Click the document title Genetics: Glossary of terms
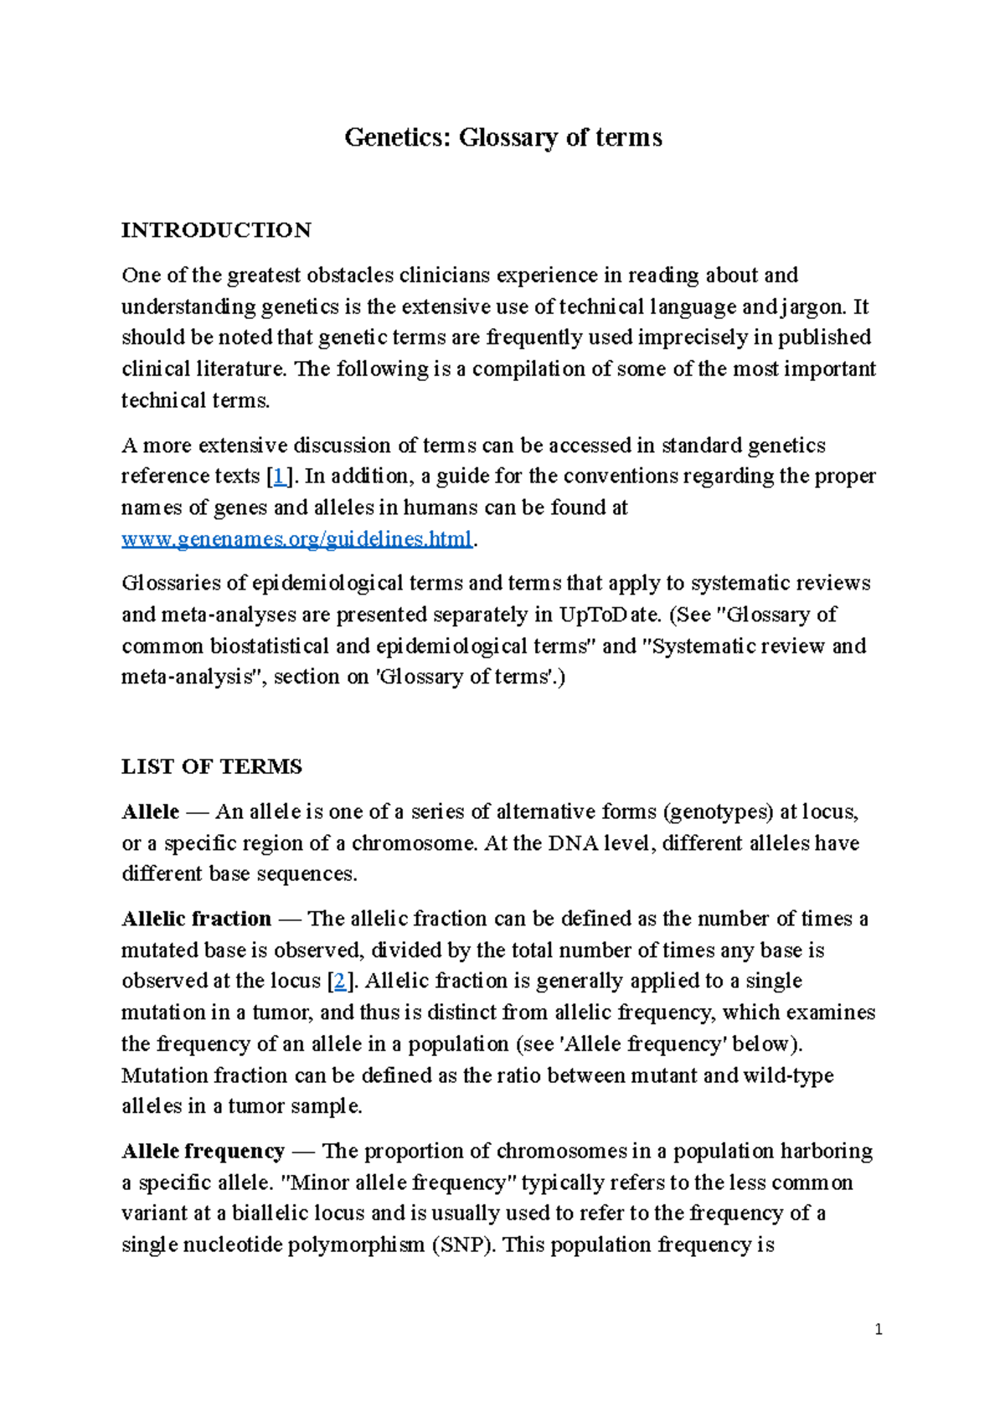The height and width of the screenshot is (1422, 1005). click(x=502, y=137)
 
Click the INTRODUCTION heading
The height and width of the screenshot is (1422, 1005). click(x=216, y=230)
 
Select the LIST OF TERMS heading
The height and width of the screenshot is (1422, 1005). click(x=212, y=766)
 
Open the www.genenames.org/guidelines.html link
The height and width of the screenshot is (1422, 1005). click(x=297, y=538)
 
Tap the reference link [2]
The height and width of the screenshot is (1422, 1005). click(x=339, y=981)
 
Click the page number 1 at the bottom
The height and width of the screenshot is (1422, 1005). click(x=878, y=1330)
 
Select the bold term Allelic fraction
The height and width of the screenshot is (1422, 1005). click(x=197, y=919)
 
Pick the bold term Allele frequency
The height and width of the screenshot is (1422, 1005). click(x=204, y=1151)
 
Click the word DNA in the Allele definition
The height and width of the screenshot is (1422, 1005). click(x=573, y=842)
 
